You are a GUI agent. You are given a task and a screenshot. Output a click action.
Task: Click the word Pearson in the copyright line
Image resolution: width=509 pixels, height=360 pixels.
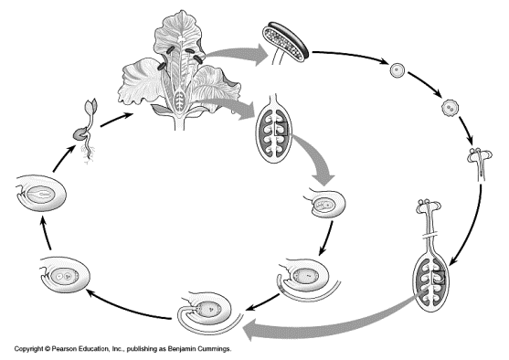click(64, 349)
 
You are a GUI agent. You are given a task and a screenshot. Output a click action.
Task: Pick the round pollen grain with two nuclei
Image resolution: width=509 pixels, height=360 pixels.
click(450, 107)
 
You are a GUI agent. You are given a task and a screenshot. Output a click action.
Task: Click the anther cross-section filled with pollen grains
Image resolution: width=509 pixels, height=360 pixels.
click(285, 42)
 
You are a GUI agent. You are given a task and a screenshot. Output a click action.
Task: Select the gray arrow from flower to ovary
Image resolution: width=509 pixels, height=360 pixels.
click(228, 108)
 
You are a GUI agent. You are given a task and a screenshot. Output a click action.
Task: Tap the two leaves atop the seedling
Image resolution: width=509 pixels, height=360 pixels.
click(90, 106)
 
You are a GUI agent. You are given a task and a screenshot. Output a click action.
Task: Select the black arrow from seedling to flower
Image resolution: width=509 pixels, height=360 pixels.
click(117, 120)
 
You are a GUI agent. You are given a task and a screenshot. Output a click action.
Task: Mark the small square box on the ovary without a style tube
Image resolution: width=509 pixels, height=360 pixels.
click(281, 129)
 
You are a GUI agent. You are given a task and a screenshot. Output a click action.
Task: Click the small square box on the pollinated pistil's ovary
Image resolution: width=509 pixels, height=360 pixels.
click(438, 277)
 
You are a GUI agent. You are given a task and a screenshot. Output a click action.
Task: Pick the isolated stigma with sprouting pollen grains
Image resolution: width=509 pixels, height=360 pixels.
click(480, 164)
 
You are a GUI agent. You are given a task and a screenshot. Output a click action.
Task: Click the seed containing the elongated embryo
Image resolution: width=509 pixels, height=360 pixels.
click(41, 194)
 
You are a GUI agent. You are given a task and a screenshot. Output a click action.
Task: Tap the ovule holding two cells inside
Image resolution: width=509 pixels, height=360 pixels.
click(65, 275)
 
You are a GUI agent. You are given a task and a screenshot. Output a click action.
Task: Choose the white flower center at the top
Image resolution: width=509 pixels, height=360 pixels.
click(181, 38)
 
